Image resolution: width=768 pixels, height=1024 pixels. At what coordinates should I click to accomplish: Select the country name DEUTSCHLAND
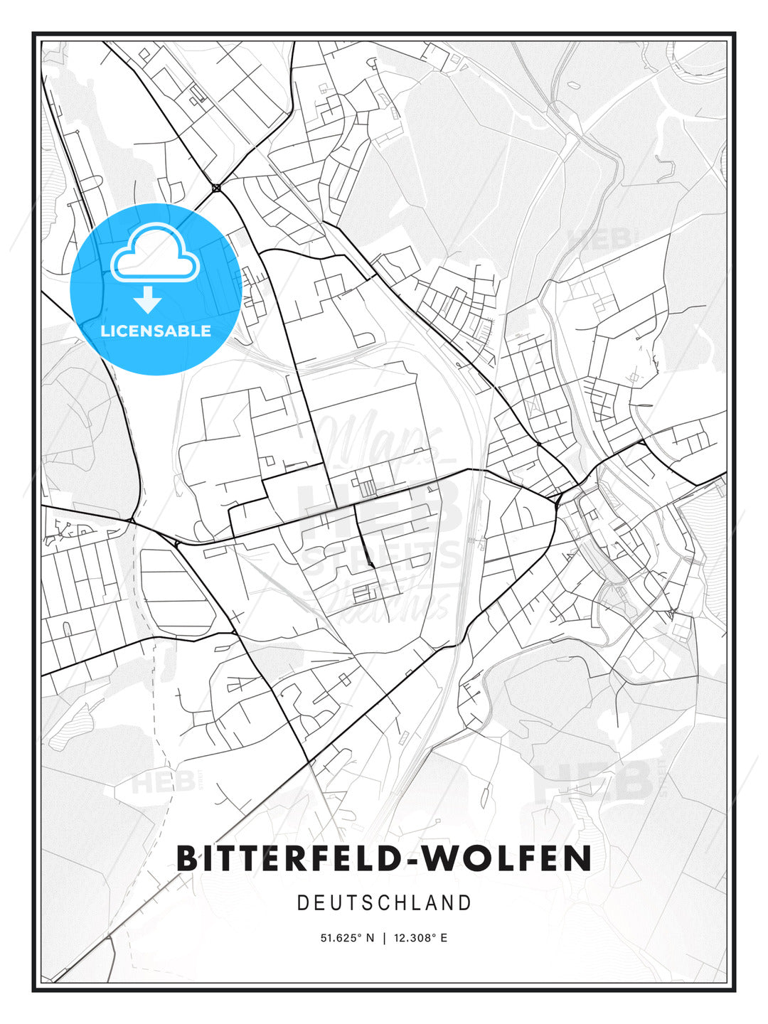click(x=384, y=903)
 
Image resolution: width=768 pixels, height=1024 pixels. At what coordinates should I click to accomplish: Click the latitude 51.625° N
click(x=347, y=938)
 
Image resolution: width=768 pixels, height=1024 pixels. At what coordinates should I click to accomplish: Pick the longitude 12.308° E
click(x=420, y=938)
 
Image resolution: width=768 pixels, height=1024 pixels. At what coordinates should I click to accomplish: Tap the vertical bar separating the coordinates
click(x=384, y=938)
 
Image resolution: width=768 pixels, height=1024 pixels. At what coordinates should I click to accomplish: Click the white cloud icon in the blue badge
click(x=154, y=252)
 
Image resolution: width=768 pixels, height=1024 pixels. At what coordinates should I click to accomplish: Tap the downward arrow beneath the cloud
click(x=148, y=300)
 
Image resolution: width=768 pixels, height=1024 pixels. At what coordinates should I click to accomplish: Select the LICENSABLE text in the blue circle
click(x=156, y=331)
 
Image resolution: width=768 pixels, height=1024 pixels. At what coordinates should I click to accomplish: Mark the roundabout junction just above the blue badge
click(x=215, y=188)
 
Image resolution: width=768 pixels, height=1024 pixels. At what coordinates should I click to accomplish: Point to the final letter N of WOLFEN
click(x=579, y=858)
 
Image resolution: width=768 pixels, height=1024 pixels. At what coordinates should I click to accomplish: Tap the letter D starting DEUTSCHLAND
click(x=302, y=903)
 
